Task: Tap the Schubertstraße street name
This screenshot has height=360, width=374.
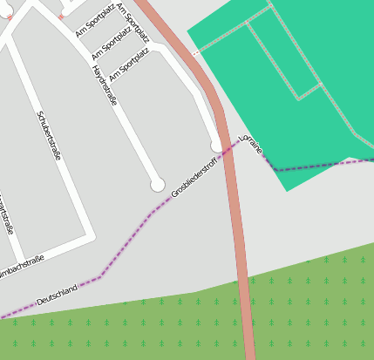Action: pyautogui.click(x=49, y=135)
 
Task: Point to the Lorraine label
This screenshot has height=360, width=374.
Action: pyautogui.click(x=250, y=144)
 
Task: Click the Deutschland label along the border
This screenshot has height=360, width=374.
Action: pyautogui.click(x=58, y=295)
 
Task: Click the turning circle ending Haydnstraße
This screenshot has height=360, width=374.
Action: pyautogui.click(x=158, y=184)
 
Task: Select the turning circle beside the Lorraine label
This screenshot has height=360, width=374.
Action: pyautogui.click(x=217, y=146)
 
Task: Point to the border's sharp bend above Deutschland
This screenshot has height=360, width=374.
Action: pyautogui.click(x=101, y=276)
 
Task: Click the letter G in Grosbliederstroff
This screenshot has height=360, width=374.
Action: pyautogui.click(x=174, y=192)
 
